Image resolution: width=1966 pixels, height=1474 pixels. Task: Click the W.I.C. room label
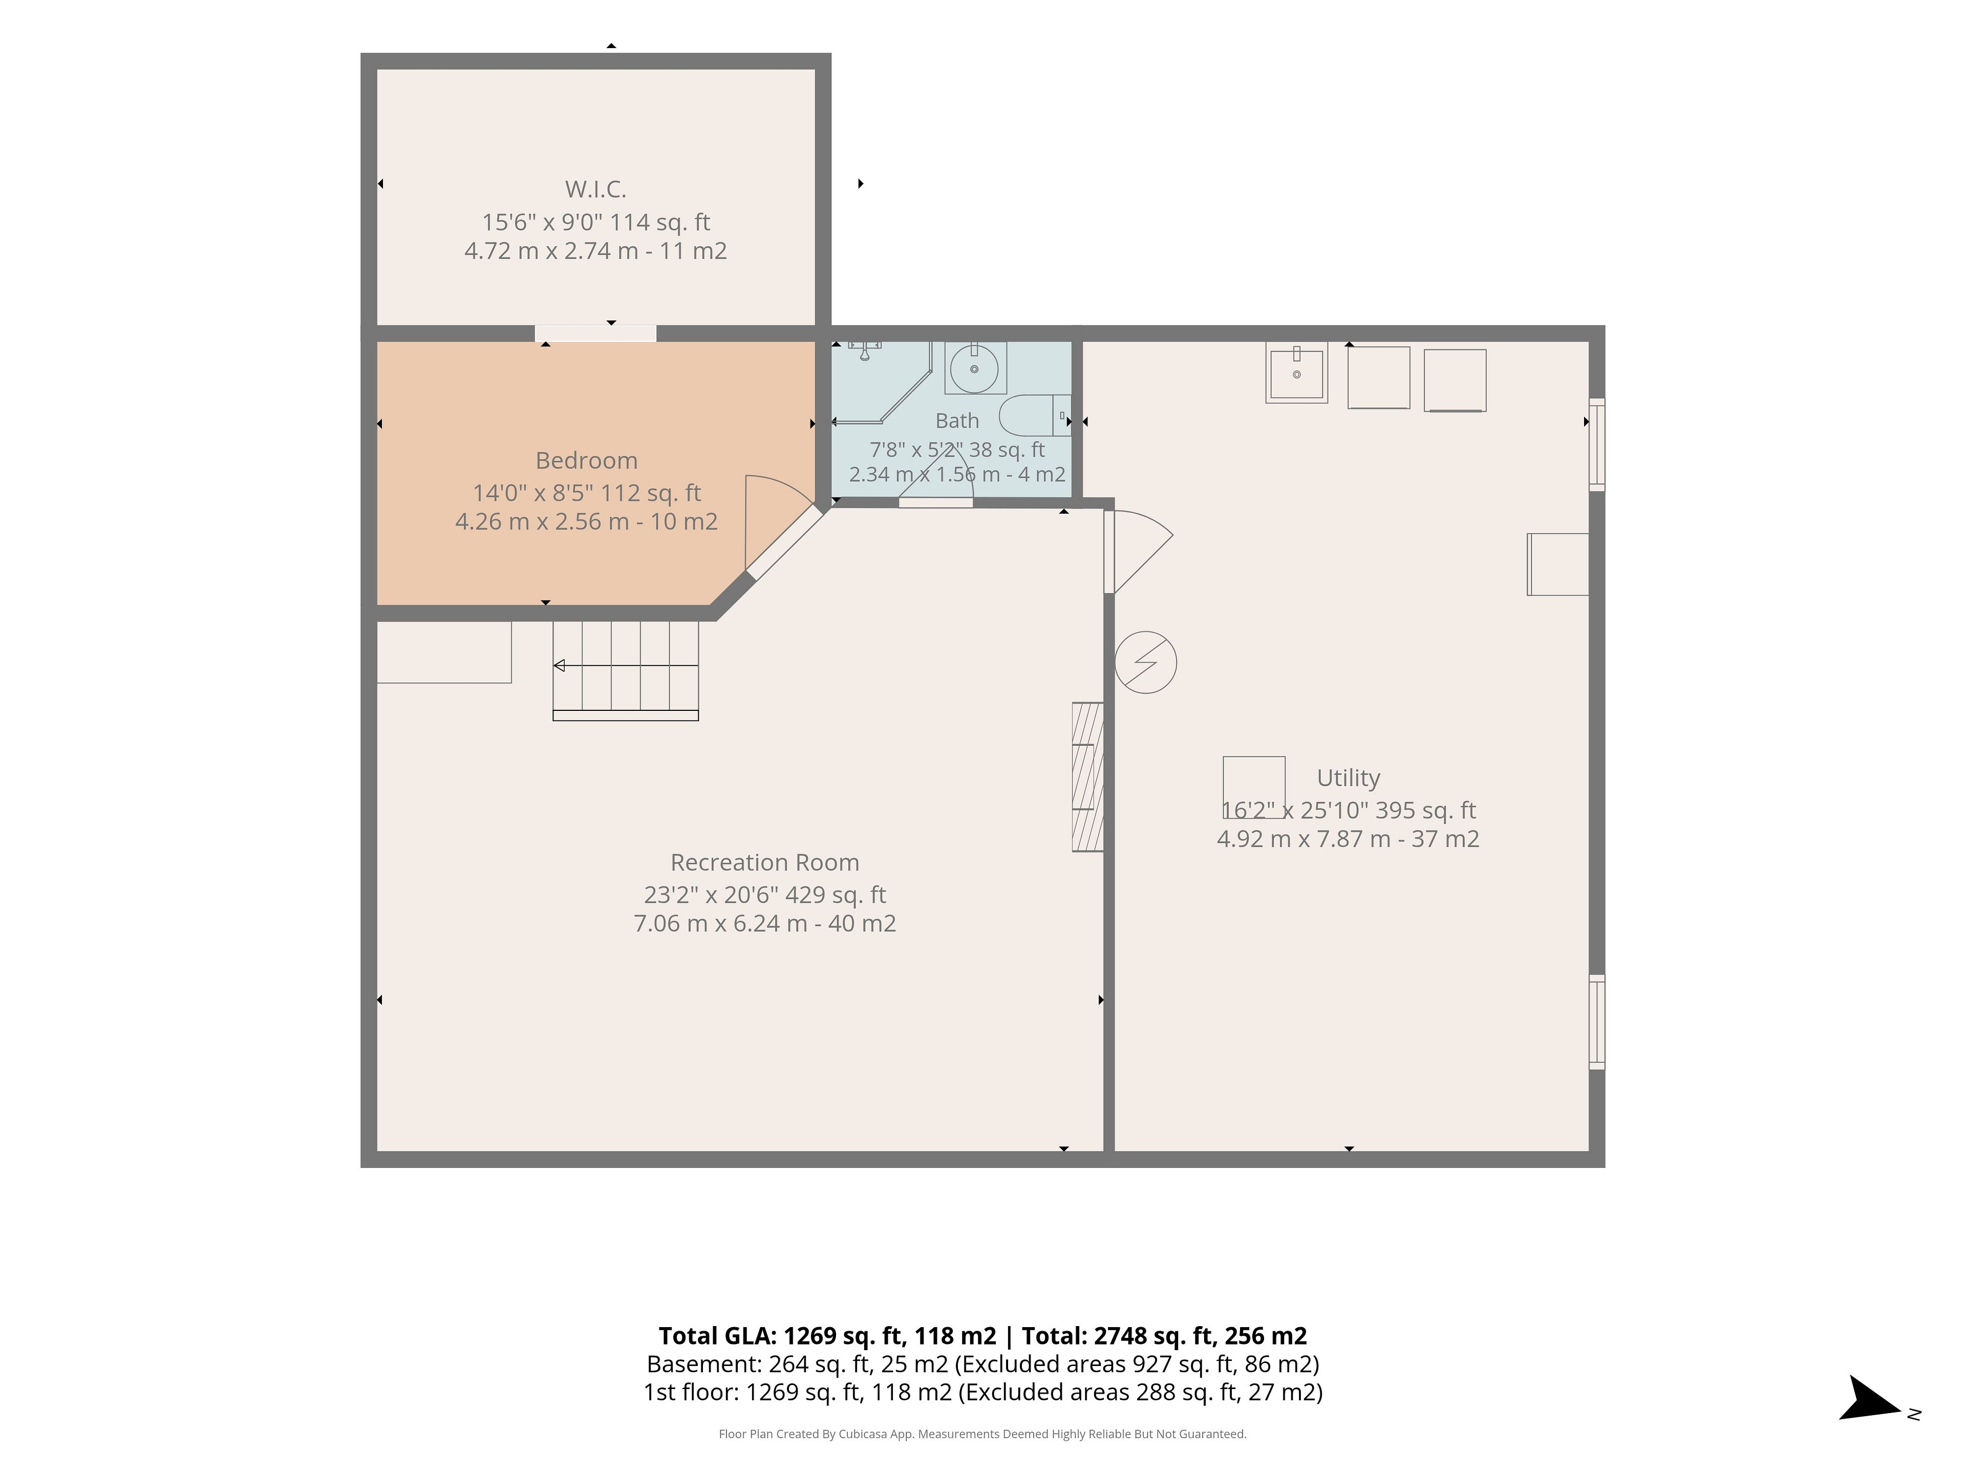pyautogui.click(x=595, y=189)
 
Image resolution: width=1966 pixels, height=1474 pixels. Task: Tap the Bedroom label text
pyautogui.click(x=587, y=460)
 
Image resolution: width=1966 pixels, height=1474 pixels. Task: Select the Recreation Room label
pyautogui.click(x=764, y=863)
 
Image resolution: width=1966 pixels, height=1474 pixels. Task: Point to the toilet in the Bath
pyautogui.click(x=1035, y=415)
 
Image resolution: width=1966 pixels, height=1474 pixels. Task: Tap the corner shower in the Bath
pyautogui.click(x=881, y=382)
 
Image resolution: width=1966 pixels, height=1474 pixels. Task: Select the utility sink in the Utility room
pyautogui.click(x=1297, y=372)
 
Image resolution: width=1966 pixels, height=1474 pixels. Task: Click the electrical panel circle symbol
pyautogui.click(x=1146, y=662)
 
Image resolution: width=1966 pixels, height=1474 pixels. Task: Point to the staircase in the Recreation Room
pyautogui.click(x=626, y=671)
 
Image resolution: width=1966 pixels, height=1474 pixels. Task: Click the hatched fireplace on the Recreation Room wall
pyautogui.click(x=1088, y=777)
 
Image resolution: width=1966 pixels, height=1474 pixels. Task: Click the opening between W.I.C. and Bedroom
pyautogui.click(x=595, y=333)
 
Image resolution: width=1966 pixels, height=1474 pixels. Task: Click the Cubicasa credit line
pyautogui.click(x=982, y=1434)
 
